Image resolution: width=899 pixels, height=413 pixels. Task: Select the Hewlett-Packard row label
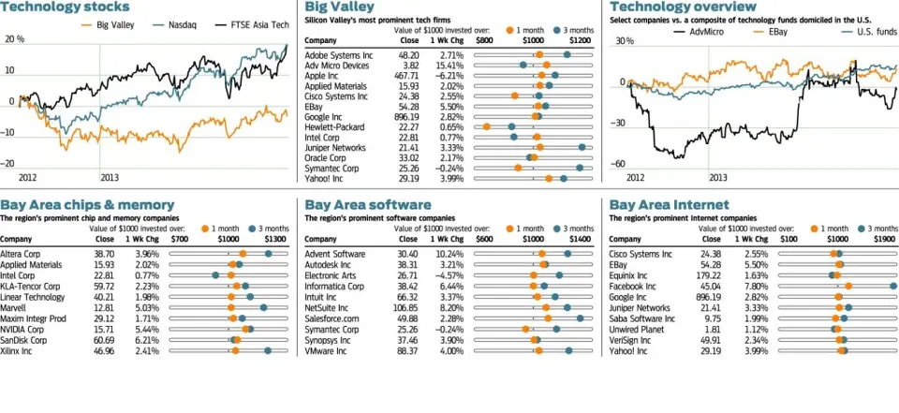coord(334,127)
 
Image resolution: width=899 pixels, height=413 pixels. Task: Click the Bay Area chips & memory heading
coord(87,204)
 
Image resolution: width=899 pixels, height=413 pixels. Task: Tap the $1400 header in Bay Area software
coord(580,239)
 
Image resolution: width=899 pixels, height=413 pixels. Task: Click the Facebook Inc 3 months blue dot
coord(893,286)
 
